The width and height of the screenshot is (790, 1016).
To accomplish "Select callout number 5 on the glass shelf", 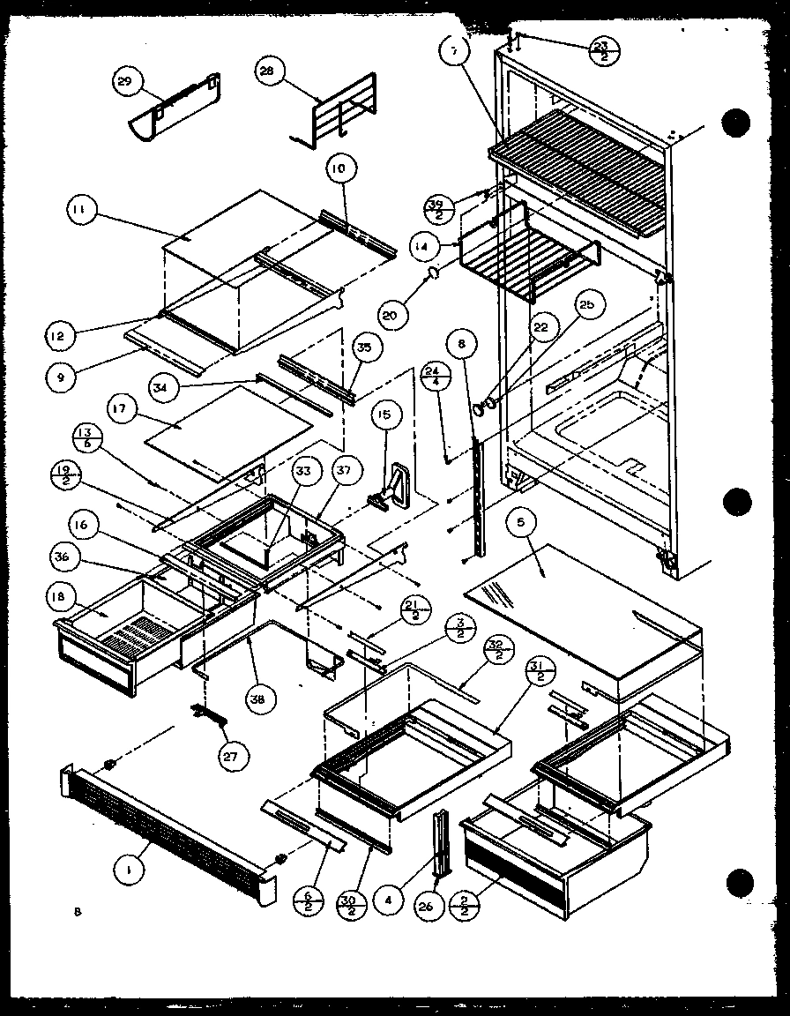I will click(x=521, y=523).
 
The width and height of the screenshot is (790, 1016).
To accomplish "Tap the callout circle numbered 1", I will click(x=130, y=870).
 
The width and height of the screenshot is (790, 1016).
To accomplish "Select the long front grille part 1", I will click(x=168, y=825).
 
